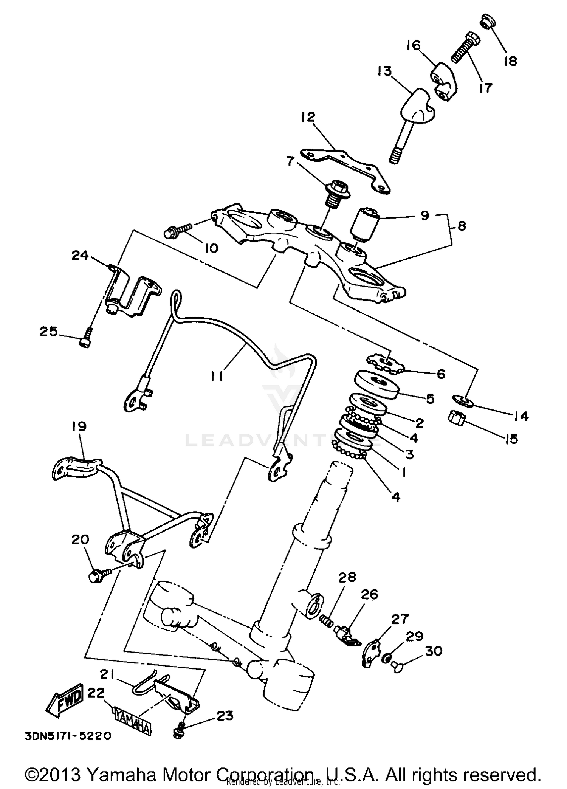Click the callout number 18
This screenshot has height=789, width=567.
coord(510,61)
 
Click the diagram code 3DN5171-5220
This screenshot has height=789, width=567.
coord(68,736)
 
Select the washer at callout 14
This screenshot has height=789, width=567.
coord(463,400)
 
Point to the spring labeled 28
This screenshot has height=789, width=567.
coord(327,620)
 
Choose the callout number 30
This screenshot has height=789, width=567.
coord(433,651)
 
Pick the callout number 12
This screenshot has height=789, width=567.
coord(308,117)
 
